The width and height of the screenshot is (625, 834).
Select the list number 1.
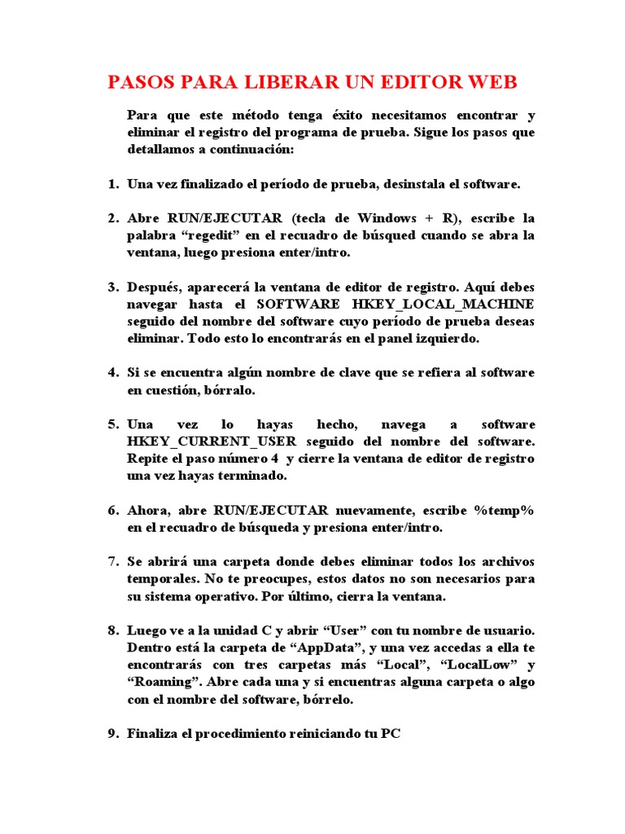(x=113, y=184)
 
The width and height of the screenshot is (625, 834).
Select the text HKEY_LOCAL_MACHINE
(x=444, y=305)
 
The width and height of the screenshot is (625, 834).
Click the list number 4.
(x=113, y=373)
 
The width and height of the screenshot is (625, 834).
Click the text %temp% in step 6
(x=504, y=510)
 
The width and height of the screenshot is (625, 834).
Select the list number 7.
(x=113, y=562)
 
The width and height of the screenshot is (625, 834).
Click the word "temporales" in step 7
(x=161, y=579)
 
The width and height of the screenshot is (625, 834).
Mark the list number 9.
(x=113, y=734)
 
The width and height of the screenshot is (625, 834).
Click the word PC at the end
(x=391, y=734)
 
